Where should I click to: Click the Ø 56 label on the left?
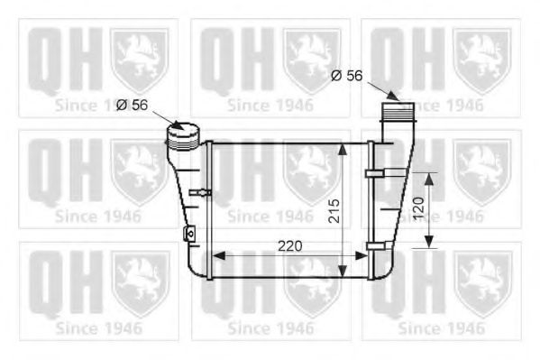tap(133, 105)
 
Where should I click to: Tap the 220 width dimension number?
tap(289, 245)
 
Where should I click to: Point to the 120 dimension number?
tap(417, 210)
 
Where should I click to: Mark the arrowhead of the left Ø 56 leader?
tap(178, 127)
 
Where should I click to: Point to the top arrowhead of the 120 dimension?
tap(429, 178)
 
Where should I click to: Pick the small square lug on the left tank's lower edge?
tap(188, 234)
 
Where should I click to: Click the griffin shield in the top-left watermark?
tap(139, 60)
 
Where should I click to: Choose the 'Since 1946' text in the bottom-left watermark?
tap(98, 328)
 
